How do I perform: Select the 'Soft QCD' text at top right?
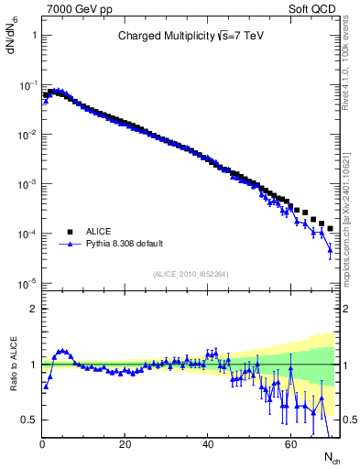click(x=318, y=8)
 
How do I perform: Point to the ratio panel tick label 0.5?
click(x=28, y=420)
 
